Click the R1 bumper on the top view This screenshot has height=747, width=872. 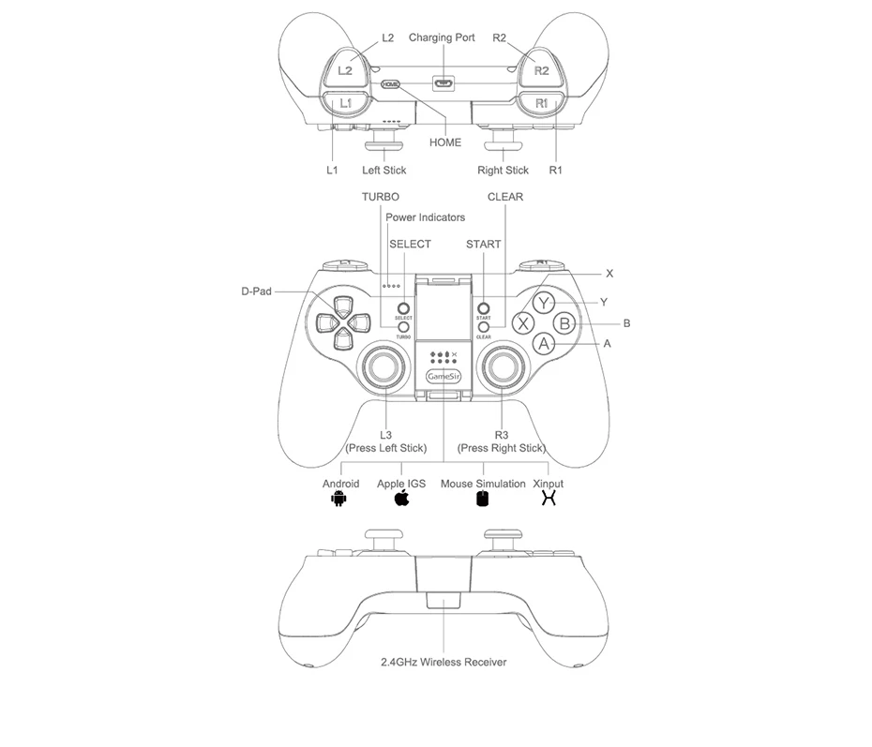[541, 102]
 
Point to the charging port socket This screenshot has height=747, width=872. [443, 82]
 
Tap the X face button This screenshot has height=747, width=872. [523, 323]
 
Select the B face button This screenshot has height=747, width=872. [564, 323]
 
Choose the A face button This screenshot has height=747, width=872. [544, 344]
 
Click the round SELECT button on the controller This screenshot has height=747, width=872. [403, 307]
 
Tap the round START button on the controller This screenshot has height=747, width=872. [484, 307]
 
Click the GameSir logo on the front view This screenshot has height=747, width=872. [443, 377]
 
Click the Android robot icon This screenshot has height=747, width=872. [338, 499]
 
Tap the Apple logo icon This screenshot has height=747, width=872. [401, 498]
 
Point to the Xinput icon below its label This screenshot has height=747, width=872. [549, 499]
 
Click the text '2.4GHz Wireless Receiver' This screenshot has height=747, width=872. [444, 662]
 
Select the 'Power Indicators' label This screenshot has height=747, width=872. [425, 217]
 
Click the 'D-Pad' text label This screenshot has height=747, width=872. [256, 291]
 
